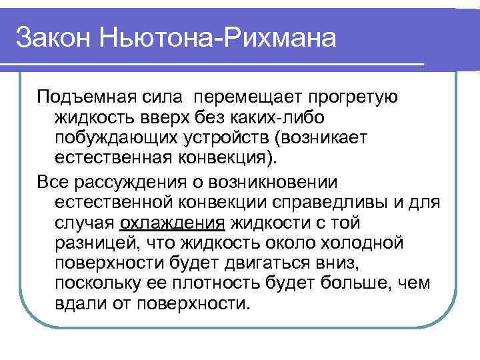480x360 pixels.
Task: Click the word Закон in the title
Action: click(x=52, y=37)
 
